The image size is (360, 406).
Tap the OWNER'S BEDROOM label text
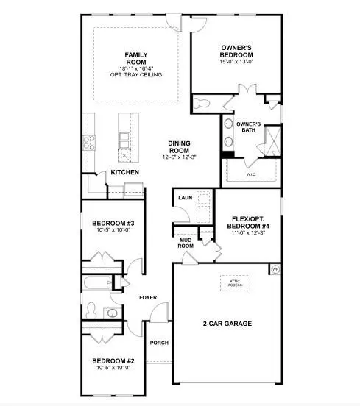click(236, 51)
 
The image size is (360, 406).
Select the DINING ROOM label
click(179, 146)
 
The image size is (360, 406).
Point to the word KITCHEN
click(124, 173)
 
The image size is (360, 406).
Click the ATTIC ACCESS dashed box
click(235, 283)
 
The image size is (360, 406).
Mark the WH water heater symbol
click(275, 269)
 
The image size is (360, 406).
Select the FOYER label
click(148, 297)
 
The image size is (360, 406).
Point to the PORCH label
click(158, 343)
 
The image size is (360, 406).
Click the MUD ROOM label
click(186, 243)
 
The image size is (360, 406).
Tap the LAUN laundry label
click(185, 198)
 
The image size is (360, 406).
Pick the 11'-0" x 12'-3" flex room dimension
click(248, 232)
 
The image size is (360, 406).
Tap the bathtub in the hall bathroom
click(96, 283)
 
